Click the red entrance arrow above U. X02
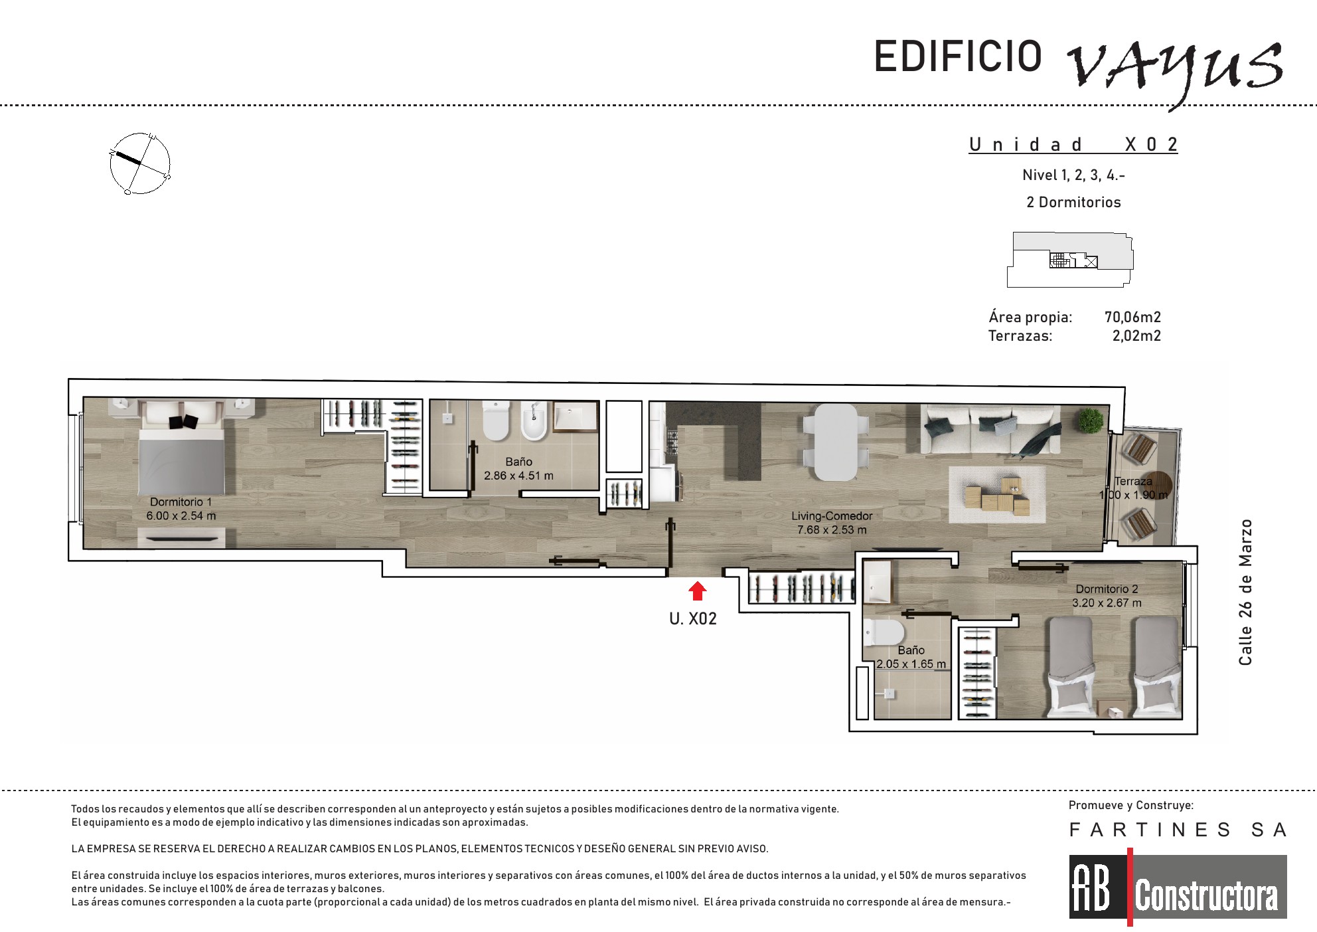click(x=697, y=591)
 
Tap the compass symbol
click(x=140, y=163)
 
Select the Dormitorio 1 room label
click(x=181, y=502)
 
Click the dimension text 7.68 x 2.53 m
click(x=832, y=530)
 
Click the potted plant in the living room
click(x=1090, y=420)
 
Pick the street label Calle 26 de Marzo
click(x=1245, y=592)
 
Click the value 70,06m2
click(x=1132, y=317)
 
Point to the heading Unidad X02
click(x=1073, y=144)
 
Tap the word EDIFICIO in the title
click(x=958, y=56)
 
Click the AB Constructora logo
click(x=1178, y=887)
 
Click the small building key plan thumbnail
click(x=1070, y=260)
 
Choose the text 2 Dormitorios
click(x=1073, y=202)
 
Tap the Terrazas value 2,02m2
click(x=1136, y=335)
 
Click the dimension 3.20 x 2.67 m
click(x=1107, y=603)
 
